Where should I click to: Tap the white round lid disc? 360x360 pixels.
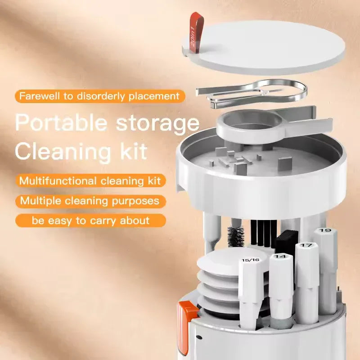pyautogui.click(x=270, y=45)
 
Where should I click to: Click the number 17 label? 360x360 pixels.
pyautogui.click(x=306, y=245)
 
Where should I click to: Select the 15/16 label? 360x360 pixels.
pyautogui.click(x=250, y=260)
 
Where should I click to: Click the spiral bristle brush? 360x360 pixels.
pyautogui.click(x=235, y=237)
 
